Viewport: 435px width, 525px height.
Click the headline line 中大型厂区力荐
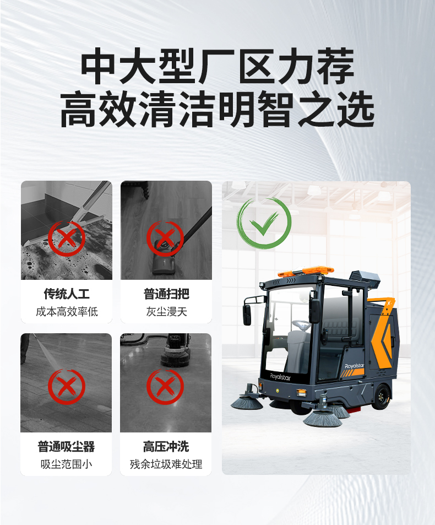[218, 68]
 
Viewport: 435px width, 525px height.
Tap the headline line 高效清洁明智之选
[218, 110]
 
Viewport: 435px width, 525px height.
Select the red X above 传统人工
[67, 238]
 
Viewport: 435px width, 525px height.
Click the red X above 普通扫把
[165, 238]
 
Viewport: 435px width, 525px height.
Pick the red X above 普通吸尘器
[67, 387]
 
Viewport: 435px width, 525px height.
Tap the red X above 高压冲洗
[165, 387]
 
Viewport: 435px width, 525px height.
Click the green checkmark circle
[264, 223]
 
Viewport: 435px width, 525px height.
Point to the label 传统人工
[67, 294]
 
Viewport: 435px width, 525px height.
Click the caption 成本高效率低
[67, 312]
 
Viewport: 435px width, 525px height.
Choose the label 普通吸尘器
[67, 446]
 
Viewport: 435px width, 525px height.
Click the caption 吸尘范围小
[67, 464]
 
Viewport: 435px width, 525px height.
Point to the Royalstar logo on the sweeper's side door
[355, 365]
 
